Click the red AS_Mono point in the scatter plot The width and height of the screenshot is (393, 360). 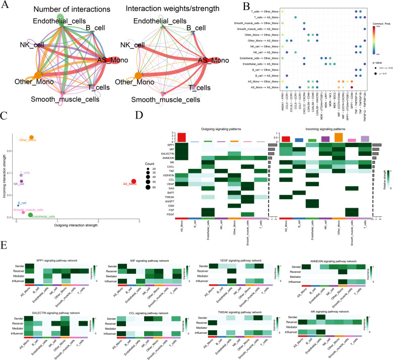(134, 182)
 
